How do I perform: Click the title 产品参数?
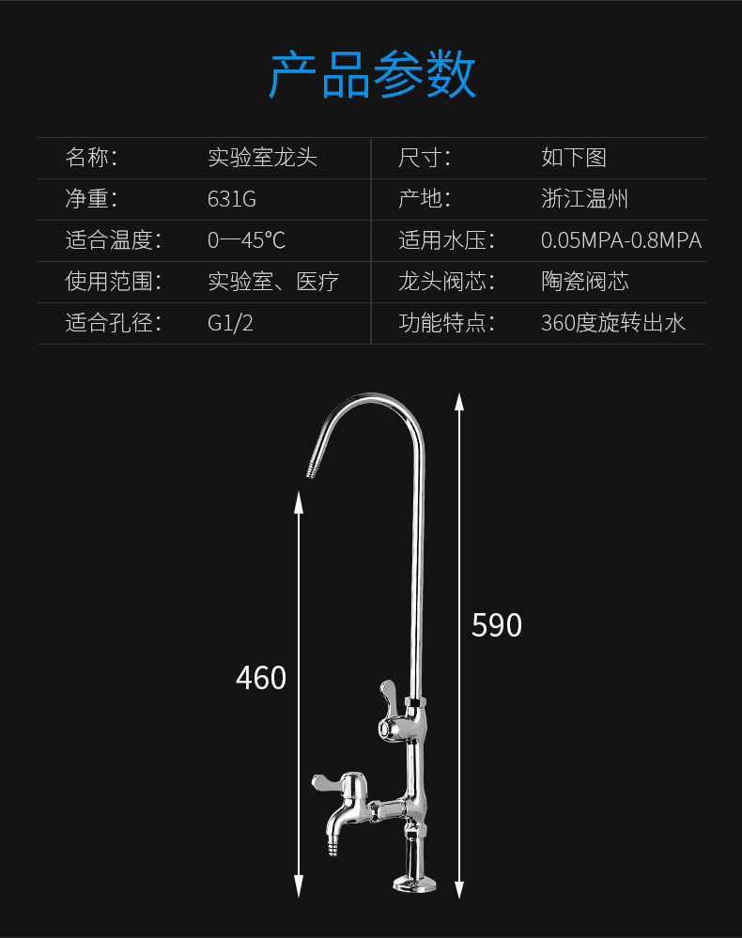[372, 75]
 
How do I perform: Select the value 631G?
[231, 199]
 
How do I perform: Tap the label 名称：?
[91, 158]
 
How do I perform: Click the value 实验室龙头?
[262, 158]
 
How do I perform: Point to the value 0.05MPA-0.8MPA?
[621, 239]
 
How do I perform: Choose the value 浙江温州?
[584, 199]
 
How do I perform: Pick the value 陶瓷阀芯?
[584, 281]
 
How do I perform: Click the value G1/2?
[230, 323]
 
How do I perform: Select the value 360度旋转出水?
[612, 323]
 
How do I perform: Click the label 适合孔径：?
[113, 323]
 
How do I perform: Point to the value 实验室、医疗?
[272, 281]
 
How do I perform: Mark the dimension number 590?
[496, 625]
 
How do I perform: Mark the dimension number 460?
[260, 677]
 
